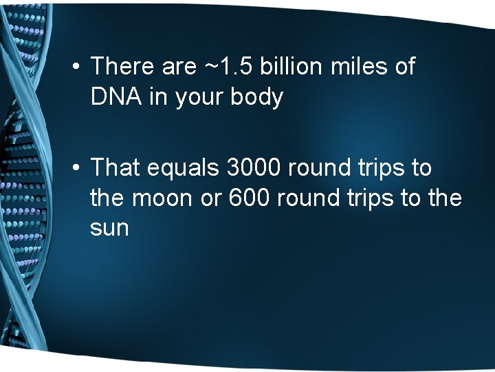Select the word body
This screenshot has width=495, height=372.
257,98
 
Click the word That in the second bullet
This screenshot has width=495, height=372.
114,167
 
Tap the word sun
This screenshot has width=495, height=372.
109,228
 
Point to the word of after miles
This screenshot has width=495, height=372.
404,67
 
